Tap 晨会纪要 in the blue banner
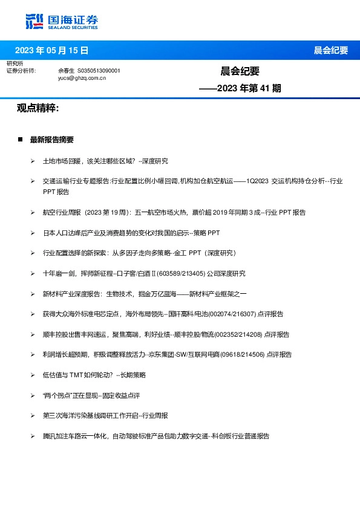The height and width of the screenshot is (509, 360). coord(331,50)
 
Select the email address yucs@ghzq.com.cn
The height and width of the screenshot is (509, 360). coord(82,78)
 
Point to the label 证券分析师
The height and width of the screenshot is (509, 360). coord(21,71)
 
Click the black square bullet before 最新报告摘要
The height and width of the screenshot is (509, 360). coord(20,140)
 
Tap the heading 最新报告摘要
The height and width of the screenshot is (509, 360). coord(52,140)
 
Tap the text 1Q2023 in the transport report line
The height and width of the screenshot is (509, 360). coord(257,181)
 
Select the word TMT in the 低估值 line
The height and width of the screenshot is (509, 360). coord(76,375)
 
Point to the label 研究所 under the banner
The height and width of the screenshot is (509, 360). coord(15,63)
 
